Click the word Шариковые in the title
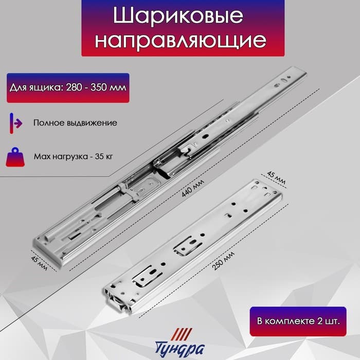pos(178,16)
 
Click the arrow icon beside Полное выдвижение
pos(15,123)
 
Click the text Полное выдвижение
pos(75,123)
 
